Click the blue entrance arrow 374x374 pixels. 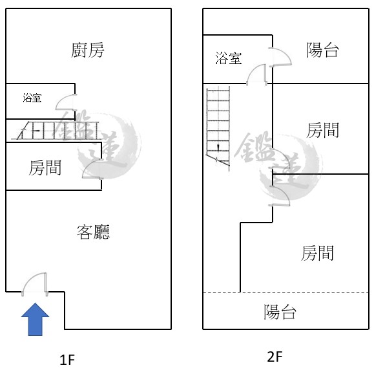[x=36, y=319]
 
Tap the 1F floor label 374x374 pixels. [x=67, y=360]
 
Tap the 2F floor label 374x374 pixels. [x=275, y=357]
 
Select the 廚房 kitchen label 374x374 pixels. [x=88, y=50]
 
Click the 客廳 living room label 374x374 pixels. [x=93, y=232]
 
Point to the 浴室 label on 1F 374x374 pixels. [x=32, y=98]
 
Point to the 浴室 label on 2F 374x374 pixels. [x=229, y=58]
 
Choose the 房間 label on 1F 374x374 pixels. [x=45, y=168]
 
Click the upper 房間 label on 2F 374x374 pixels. [x=322, y=130]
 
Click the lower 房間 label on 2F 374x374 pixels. [x=317, y=253]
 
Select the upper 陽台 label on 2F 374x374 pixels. [x=322, y=50]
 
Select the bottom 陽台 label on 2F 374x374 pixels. [x=280, y=312]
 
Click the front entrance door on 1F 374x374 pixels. [x=35, y=285]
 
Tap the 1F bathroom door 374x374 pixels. [x=67, y=102]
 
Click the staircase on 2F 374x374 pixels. [x=218, y=129]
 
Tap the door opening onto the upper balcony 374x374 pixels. [x=280, y=57]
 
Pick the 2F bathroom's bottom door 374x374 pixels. [x=256, y=74]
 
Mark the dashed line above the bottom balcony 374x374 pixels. [x=286, y=292]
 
